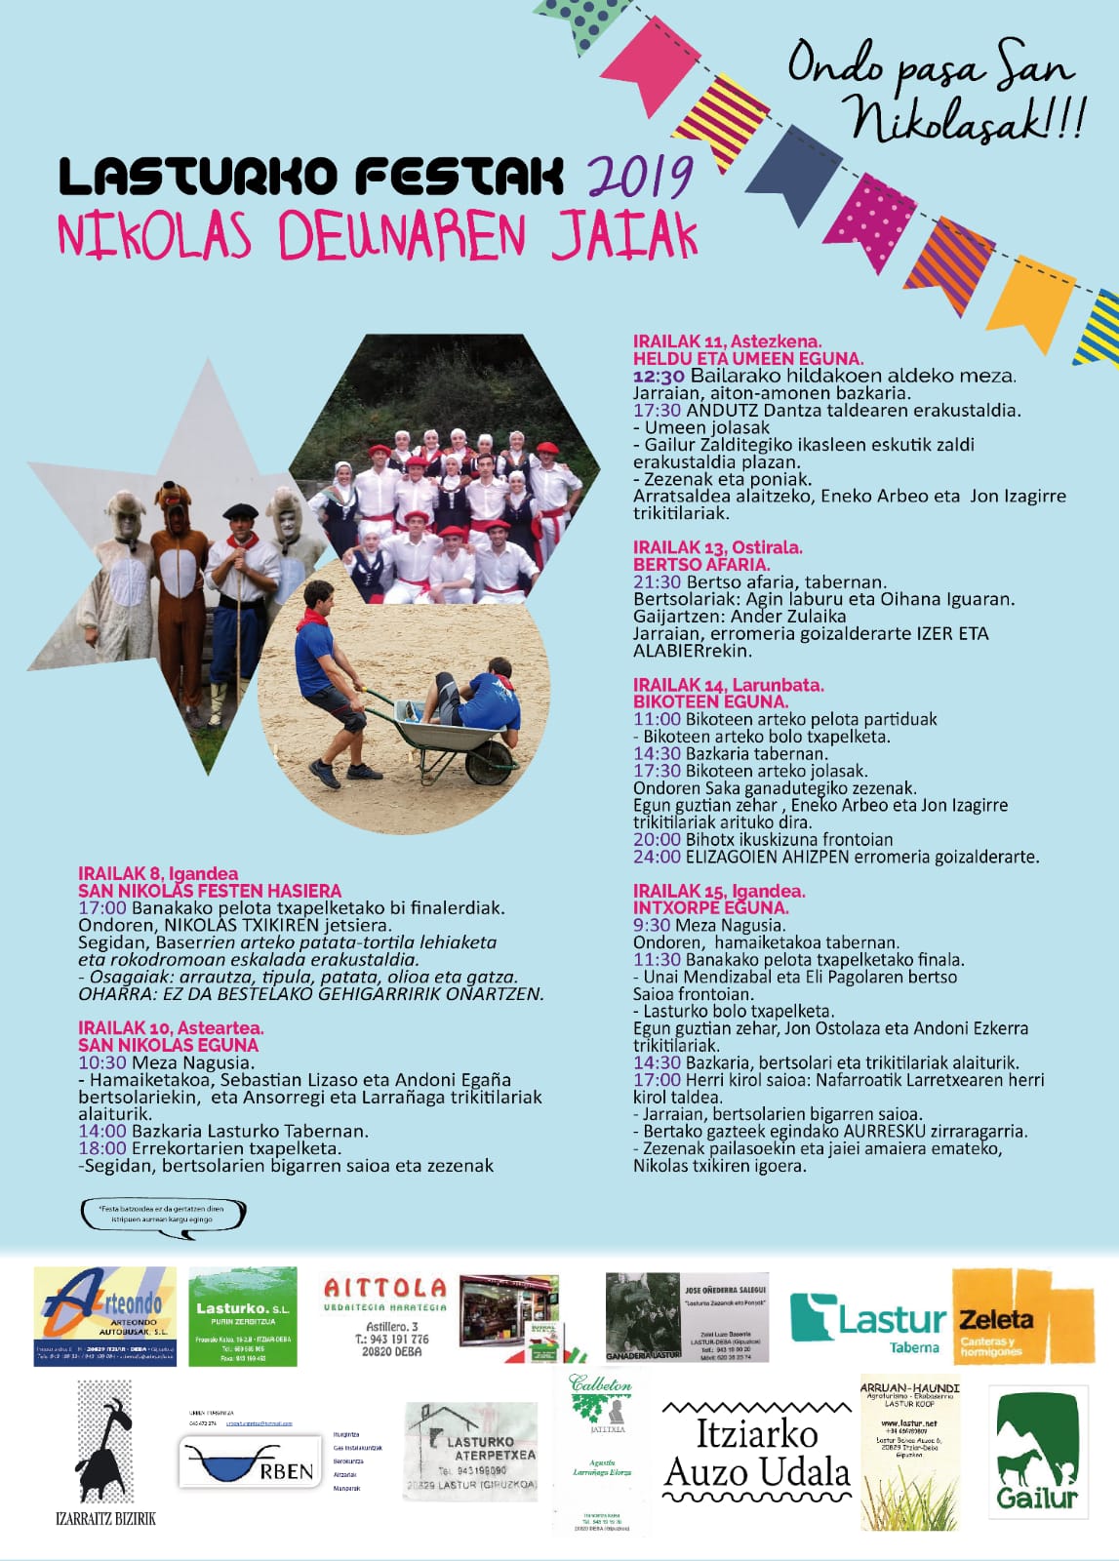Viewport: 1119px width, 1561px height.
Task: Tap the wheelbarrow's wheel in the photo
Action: click(x=492, y=760)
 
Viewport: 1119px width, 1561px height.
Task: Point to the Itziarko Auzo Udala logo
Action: click(x=757, y=1454)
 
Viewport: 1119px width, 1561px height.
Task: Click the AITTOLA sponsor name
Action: click(x=384, y=1289)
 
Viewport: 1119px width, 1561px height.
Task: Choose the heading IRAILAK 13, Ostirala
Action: click(x=718, y=547)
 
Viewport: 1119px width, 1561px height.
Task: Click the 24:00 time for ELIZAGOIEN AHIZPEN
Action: click(x=657, y=857)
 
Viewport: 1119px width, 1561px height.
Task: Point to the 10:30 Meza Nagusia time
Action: click(x=102, y=1062)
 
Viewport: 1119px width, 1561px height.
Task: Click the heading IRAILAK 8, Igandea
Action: click(x=158, y=873)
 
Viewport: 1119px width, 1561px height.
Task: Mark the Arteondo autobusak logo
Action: click(x=105, y=1316)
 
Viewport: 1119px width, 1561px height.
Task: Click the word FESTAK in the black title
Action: click(x=459, y=177)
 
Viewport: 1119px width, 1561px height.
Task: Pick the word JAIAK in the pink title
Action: click(x=624, y=234)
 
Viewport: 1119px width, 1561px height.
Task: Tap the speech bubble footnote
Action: click(x=163, y=1215)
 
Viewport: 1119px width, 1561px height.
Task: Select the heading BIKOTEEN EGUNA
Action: click(x=711, y=701)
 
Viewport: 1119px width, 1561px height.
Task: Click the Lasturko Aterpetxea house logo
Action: click(x=470, y=1451)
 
